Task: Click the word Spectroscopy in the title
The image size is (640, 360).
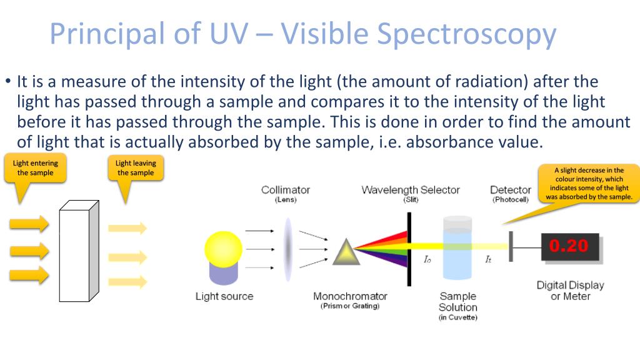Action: click(466, 34)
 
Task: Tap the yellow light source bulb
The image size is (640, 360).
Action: click(223, 249)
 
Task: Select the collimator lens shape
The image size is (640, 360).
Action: click(288, 249)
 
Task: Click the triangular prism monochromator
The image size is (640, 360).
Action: click(346, 252)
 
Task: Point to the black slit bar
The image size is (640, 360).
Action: click(409, 249)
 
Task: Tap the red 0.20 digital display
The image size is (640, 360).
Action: click(570, 246)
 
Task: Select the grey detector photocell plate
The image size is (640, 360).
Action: click(511, 246)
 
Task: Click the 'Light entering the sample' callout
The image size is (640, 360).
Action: click(35, 167)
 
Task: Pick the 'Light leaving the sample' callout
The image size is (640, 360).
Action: click(136, 167)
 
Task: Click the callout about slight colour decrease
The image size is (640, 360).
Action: click(589, 183)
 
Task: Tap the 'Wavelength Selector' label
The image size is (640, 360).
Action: click(411, 190)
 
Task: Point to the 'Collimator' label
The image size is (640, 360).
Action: click(286, 190)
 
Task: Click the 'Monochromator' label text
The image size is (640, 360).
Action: click(350, 296)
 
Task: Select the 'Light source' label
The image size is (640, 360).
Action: click(224, 296)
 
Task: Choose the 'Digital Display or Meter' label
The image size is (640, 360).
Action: click(570, 291)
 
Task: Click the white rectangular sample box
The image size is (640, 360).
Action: click(79, 251)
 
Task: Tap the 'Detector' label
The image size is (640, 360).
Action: click(511, 190)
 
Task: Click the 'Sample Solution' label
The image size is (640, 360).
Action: click(458, 302)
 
